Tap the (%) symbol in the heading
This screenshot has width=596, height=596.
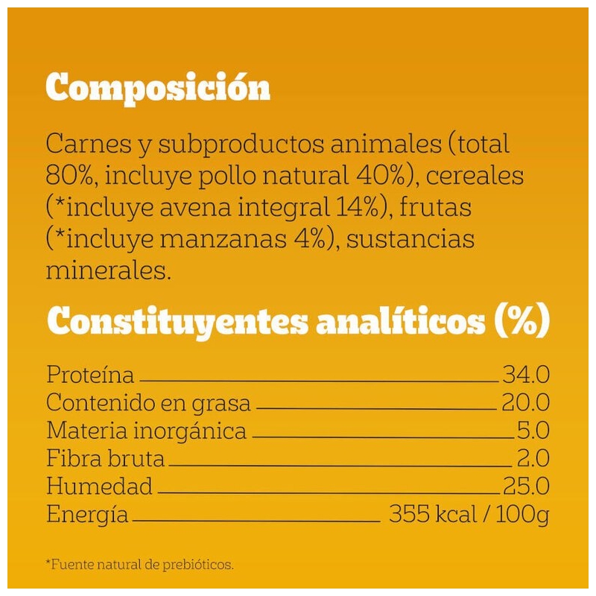click(522, 323)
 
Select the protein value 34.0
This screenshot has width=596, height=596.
click(525, 375)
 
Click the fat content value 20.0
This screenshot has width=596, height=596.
click(525, 403)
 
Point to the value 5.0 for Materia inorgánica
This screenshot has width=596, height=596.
click(533, 431)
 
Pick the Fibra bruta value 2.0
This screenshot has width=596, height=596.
click(533, 459)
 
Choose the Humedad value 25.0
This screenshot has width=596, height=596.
click(525, 487)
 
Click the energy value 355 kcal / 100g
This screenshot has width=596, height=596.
click(469, 515)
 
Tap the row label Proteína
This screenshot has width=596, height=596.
click(90, 375)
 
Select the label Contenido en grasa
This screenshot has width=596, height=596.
click(148, 403)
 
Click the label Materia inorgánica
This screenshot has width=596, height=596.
click(146, 431)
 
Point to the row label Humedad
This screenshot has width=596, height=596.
click(99, 487)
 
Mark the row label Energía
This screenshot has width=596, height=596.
click(87, 516)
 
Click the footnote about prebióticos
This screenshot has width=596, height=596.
click(140, 565)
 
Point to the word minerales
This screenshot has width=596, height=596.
click(109, 270)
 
